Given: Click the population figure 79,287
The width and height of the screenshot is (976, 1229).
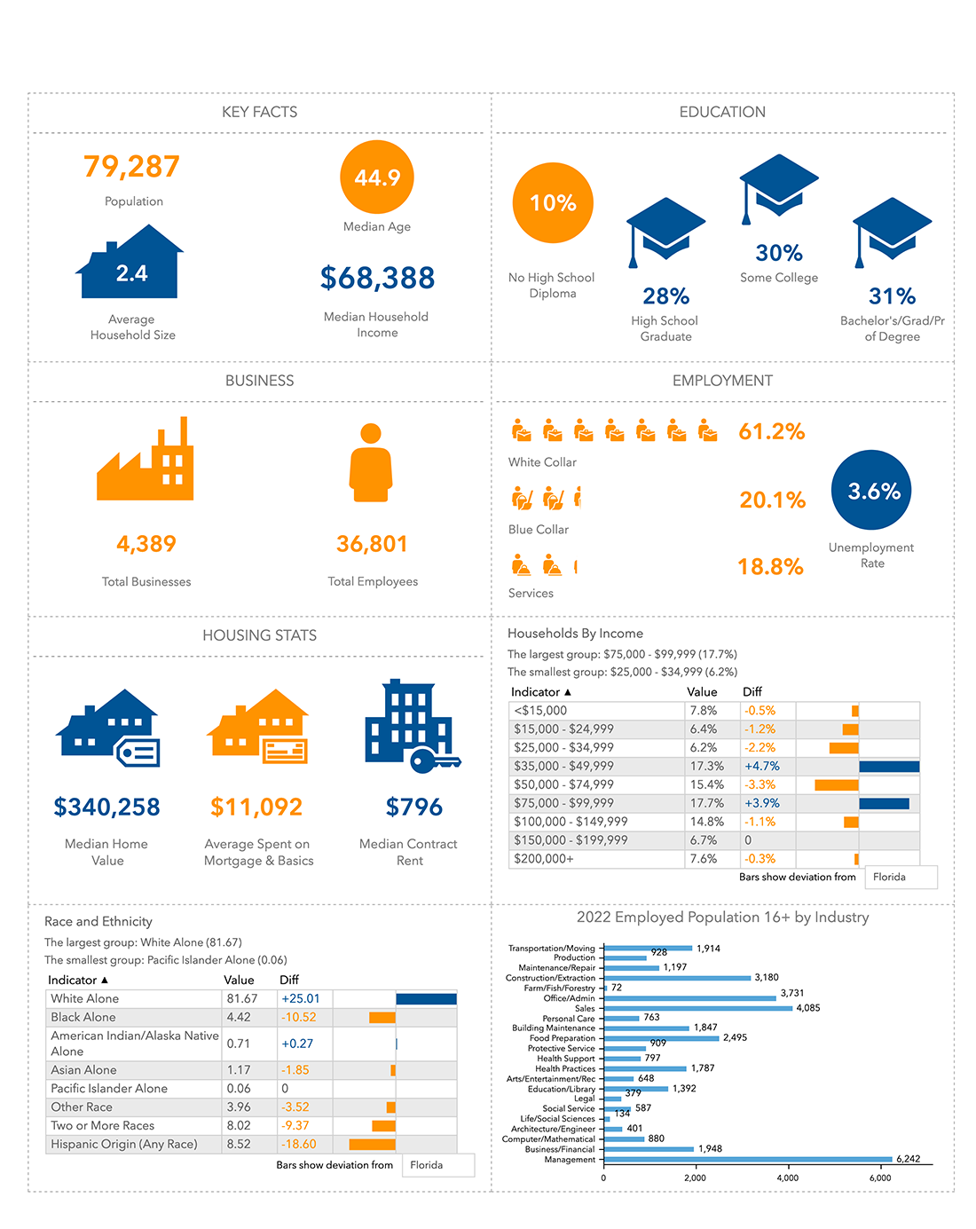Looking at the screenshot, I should pyautogui.click(x=131, y=167).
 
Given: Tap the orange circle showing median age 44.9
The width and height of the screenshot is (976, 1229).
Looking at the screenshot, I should pyautogui.click(x=377, y=177).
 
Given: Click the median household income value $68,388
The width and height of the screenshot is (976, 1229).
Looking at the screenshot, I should pyautogui.click(x=377, y=279).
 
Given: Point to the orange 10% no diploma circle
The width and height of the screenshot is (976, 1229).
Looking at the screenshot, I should pyautogui.click(x=553, y=203).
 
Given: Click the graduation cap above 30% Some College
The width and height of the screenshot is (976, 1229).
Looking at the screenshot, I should pyautogui.click(x=778, y=187).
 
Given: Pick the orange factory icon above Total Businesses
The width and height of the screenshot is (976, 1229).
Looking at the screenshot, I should pyautogui.click(x=146, y=461).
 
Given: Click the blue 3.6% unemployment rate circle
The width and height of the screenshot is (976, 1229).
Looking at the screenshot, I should pyautogui.click(x=871, y=491).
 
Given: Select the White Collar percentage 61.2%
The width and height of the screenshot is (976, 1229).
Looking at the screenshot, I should pyautogui.click(x=771, y=432).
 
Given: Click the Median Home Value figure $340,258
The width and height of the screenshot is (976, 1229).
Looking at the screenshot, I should pyautogui.click(x=106, y=808).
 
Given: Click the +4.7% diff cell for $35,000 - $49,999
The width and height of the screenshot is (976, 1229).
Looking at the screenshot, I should pyautogui.click(x=761, y=766).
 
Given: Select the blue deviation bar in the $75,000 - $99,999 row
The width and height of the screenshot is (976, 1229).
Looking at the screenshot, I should pyautogui.click(x=884, y=803).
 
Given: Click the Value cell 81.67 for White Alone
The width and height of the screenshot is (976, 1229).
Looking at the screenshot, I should pyautogui.click(x=242, y=998).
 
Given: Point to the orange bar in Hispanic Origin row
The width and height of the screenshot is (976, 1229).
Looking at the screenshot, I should pyautogui.click(x=372, y=1144).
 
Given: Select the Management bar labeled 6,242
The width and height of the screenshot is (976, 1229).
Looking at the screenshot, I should pyautogui.click(x=747, y=1159).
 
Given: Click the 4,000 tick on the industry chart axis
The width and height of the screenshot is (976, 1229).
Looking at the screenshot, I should pyautogui.click(x=787, y=1178).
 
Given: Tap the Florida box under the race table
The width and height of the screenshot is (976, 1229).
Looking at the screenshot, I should pyautogui.click(x=438, y=1165).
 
